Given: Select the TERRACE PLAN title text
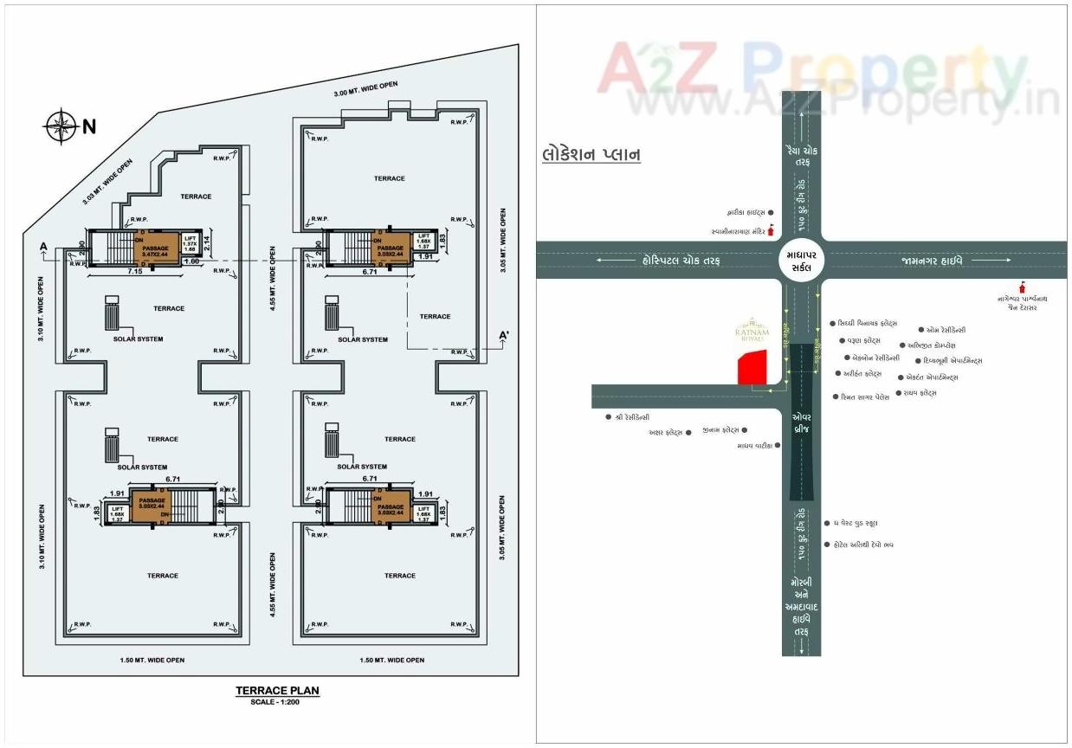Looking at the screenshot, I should (277, 691).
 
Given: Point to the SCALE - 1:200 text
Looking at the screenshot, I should (277, 701).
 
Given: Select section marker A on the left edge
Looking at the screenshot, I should (42, 247).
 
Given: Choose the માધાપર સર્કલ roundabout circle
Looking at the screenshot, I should (800, 261).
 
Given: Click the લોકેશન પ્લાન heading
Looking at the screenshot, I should (591, 155).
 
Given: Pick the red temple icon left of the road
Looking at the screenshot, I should (770, 231).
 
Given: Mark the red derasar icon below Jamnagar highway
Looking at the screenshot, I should (1024, 287).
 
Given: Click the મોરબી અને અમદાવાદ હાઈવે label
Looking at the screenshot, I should (800, 606).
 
